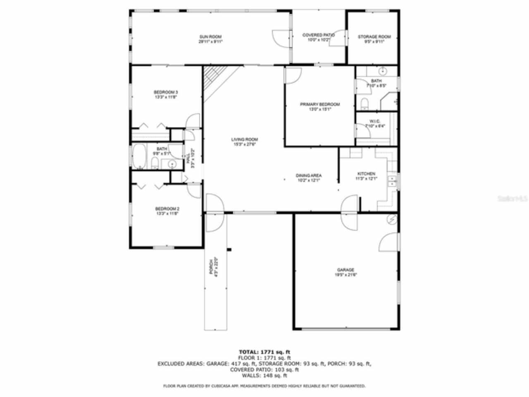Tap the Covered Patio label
click(318, 35)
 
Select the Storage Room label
click(374, 37)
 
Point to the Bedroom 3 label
click(166, 92)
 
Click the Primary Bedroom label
click(320, 105)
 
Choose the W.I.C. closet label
click(369, 121)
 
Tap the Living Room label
click(245, 140)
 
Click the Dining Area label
click(309, 176)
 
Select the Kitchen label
click(366, 174)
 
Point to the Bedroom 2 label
click(167, 209)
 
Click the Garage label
click(346, 270)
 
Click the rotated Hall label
click(188, 158)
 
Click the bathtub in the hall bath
click(139, 156)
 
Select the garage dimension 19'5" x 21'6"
click(346, 275)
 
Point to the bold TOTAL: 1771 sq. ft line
click(264, 352)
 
